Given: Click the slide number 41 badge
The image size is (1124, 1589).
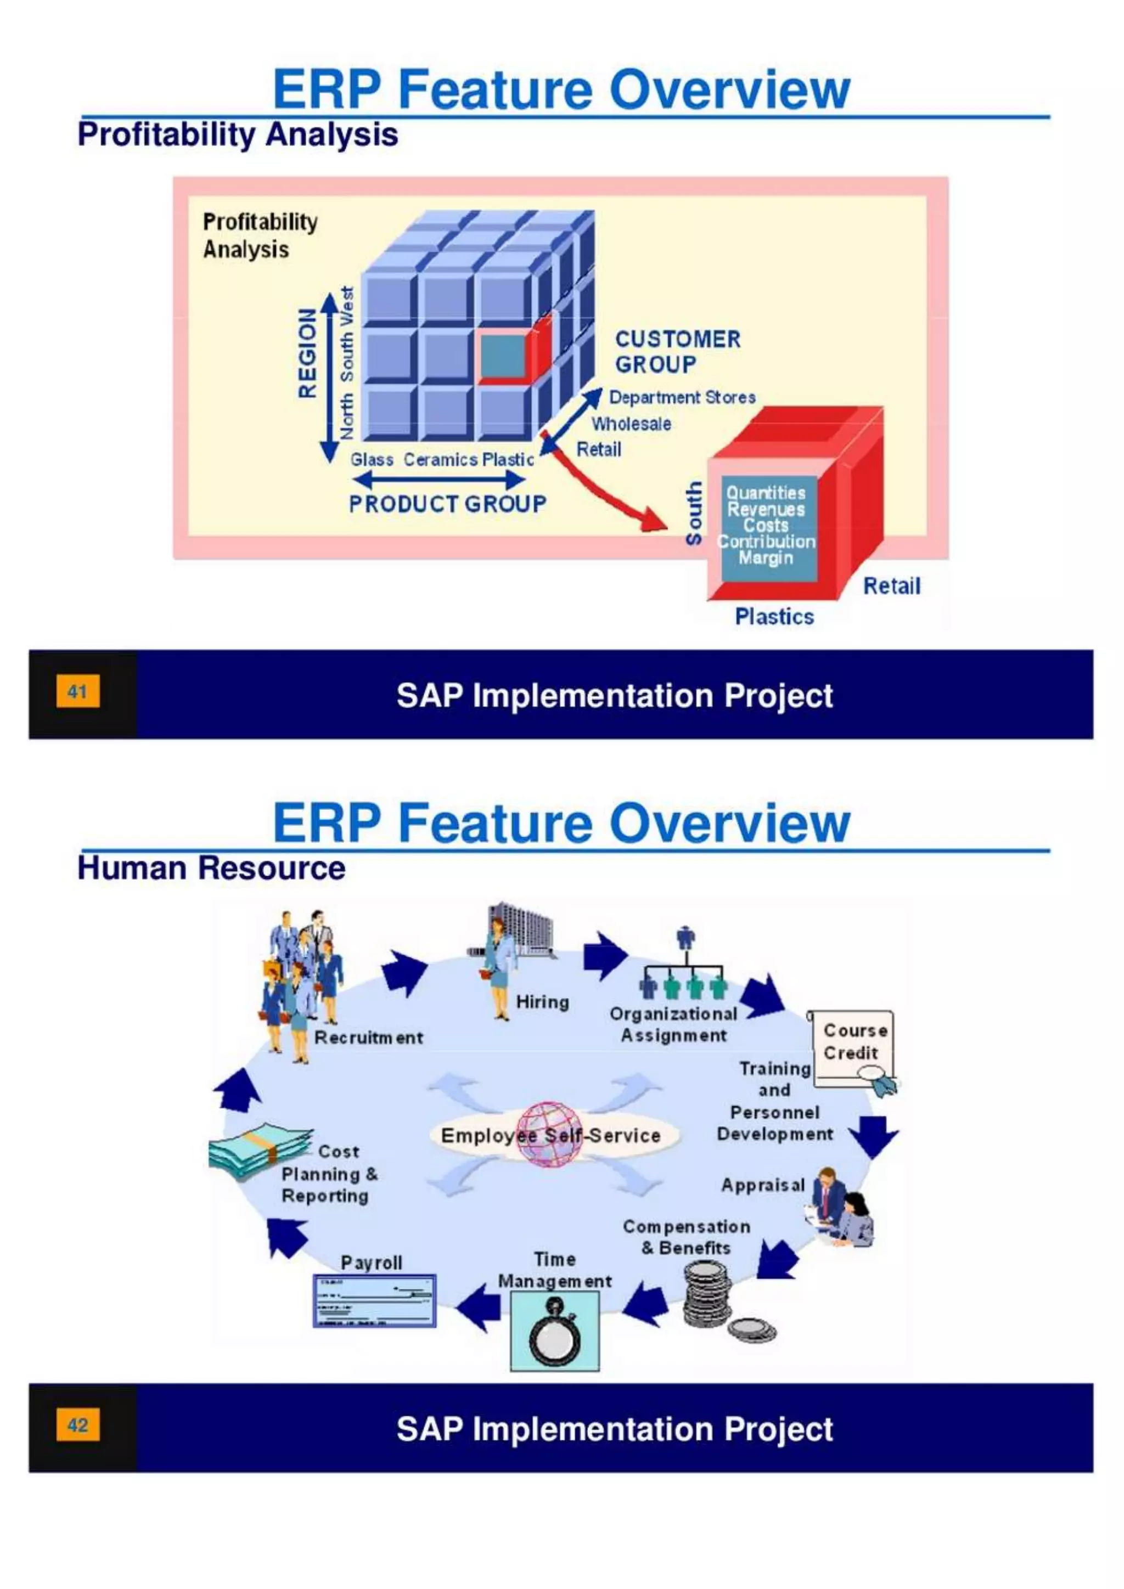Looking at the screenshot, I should (x=77, y=691).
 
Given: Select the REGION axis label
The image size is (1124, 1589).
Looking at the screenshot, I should (x=307, y=353).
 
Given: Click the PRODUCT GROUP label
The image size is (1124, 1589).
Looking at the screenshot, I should (x=447, y=504).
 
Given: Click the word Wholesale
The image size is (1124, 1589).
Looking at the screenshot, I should (x=631, y=424).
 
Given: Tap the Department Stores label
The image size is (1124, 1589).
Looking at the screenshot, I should (x=682, y=397).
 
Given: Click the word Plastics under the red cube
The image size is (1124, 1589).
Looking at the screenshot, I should (x=774, y=616).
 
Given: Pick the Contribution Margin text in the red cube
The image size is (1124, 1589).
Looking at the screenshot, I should (x=766, y=549).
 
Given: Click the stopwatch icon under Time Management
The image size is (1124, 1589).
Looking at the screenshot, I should (x=554, y=1332).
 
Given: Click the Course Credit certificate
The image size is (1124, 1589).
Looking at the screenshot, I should (x=854, y=1047).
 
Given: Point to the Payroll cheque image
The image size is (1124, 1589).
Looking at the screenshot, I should (x=374, y=1301).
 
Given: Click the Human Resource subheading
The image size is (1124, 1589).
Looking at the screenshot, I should (x=211, y=868).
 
